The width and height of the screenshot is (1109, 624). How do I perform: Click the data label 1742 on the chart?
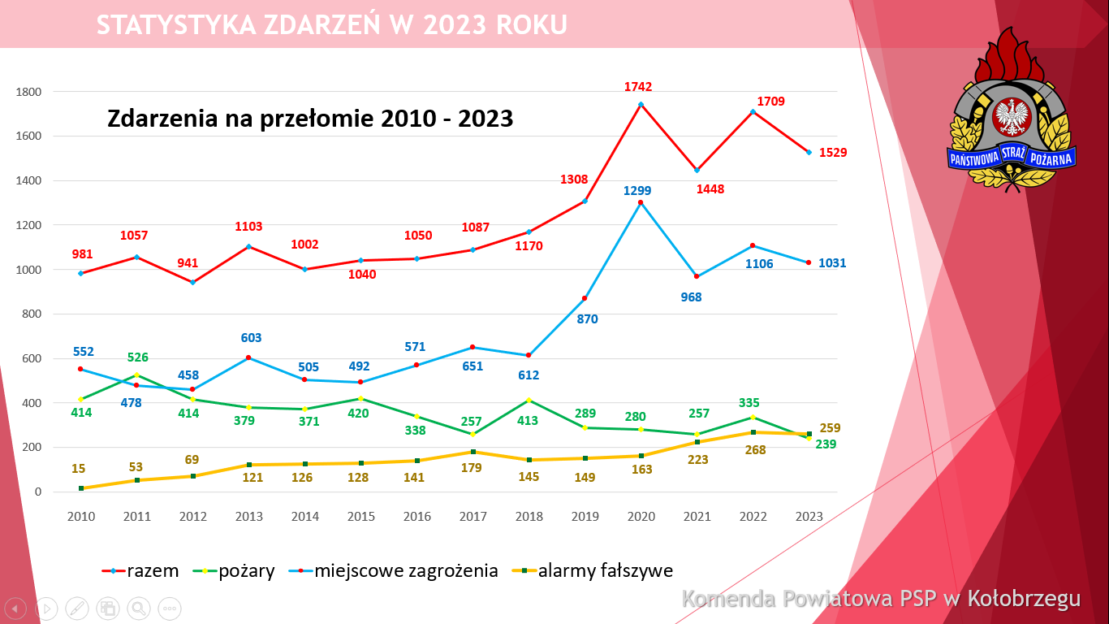coord(638,87)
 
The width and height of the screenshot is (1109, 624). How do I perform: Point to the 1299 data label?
coord(637,191)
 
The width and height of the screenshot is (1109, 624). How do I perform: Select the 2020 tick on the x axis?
coord(641,517)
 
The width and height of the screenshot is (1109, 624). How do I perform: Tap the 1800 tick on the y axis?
coord(28,92)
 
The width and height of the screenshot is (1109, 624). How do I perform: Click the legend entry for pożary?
coord(246,571)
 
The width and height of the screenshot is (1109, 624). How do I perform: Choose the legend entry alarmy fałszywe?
coord(605,571)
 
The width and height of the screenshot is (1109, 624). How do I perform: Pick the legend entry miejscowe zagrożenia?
coord(406,571)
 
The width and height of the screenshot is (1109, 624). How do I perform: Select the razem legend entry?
coord(153,571)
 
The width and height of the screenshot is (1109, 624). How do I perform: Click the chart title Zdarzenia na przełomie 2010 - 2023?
coord(310,119)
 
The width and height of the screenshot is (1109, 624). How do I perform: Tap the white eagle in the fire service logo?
coord(1012,117)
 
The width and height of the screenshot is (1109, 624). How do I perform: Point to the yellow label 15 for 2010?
coord(78,469)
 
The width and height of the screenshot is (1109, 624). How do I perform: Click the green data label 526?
coord(137,357)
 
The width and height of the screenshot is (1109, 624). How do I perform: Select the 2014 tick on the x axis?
coord(305,517)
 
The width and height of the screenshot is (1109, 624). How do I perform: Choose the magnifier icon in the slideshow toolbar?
coord(139,608)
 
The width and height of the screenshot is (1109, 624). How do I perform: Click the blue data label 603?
coord(251,339)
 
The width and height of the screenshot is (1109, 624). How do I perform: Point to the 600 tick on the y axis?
coord(31,358)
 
